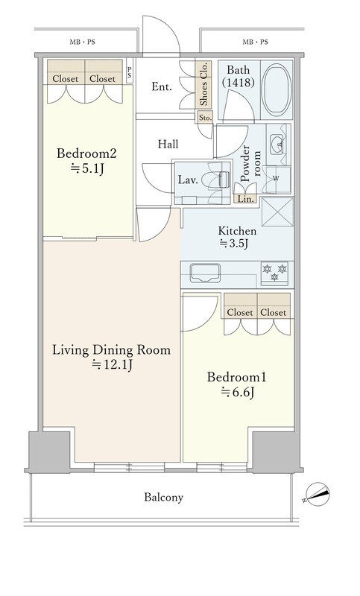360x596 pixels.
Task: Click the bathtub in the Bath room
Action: point(277,90)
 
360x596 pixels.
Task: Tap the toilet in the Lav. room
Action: point(218,180)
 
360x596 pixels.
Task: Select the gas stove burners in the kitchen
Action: point(275,273)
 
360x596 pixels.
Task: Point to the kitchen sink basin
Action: point(205,273)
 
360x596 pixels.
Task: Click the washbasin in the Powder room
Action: point(277,145)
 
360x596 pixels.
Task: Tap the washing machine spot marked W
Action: point(277,179)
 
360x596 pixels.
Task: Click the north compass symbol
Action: point(318,495)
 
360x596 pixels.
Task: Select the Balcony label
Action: point(163,497)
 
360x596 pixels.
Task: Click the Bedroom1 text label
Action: point(236,377)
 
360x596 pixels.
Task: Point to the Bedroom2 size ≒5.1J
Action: point(87,168)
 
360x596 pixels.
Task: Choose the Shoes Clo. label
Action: point(203,83)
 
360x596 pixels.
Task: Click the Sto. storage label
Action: point(205,118)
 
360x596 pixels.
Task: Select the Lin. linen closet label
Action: point(245,199)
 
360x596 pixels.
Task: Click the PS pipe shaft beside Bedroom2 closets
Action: point(130,72)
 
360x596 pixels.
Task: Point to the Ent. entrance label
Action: point(162,87)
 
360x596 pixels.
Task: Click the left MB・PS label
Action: point(82,42)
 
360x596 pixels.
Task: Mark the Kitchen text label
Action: point(237,231)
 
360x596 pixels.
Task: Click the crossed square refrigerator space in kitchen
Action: point(277,212)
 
